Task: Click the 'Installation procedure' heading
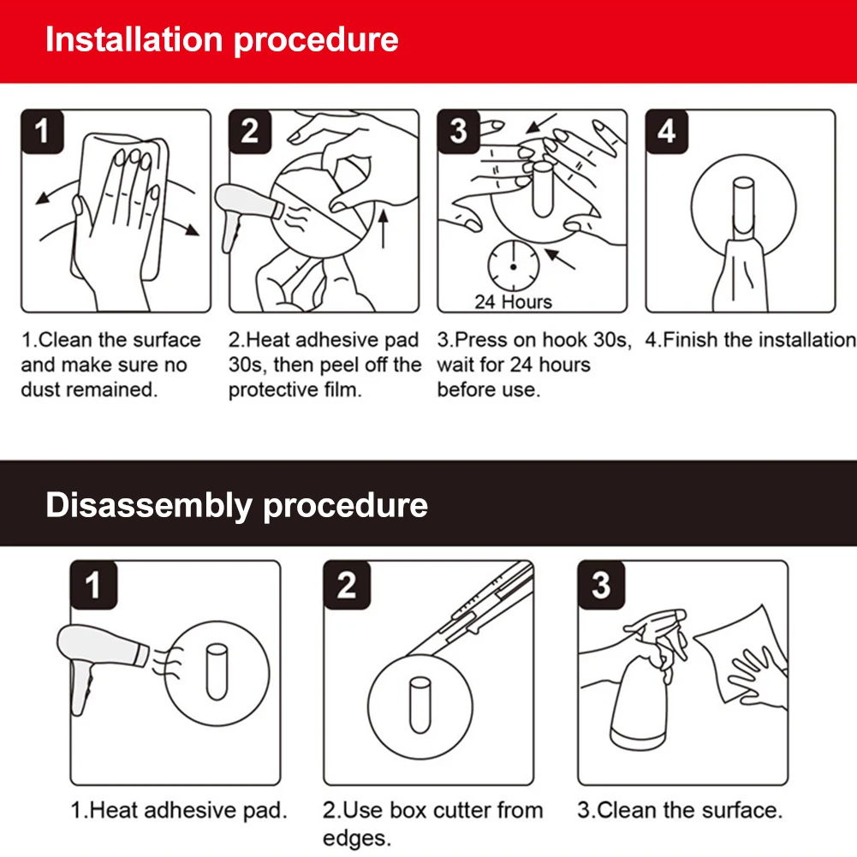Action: pyautogui.click(x=222, y=40)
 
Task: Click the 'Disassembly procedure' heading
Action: pyautogui.click(x=236, y=505)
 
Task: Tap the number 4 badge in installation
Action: pyautogui.click(x=666, y=131)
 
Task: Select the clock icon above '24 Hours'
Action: pyautogui.click(x=513, y=266)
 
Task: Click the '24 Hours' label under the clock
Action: pyautogui.click(x=513, y=301)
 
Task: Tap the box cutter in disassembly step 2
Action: pyautogui.click(x=471, y=610)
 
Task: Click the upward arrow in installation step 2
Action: pyautogui.click(x=384, y=229)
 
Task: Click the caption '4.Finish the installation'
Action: pyautogui.click(x=751, y=340)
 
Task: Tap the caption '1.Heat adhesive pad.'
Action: pyautogui.click(x=179, y=810)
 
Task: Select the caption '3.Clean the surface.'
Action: pyautogui.click(x=680, y=810)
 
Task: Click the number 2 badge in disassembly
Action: pyautogui.click(x=347, y=585)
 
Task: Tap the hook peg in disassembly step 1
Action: pyautogui.click(x=217, y=672)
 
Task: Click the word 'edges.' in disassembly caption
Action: pyautogui.click(x=357, y=838)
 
